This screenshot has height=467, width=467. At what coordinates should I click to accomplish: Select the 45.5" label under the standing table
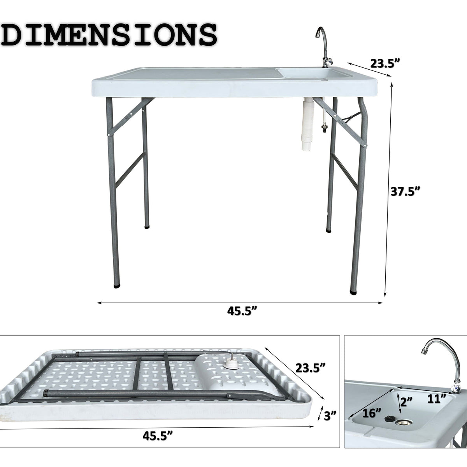point(241,312)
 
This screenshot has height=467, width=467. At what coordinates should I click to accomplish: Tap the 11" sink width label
point(436,398)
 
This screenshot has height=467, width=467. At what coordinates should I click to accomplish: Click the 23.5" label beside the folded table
point(311,367)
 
